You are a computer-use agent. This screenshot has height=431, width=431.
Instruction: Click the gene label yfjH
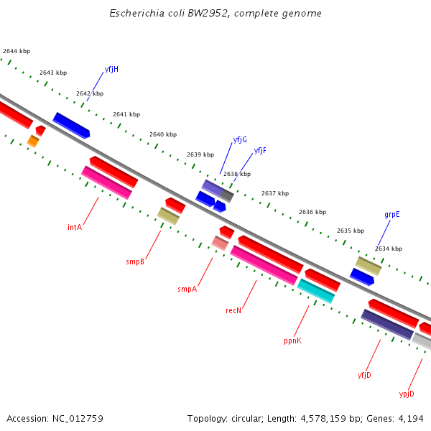pyautogui.click(x=111, y=70)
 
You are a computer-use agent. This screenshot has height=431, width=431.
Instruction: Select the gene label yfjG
pyautogui.click(x=240, y=139)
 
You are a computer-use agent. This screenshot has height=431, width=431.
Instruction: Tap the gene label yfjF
pyautogui.click(x=260, y=151)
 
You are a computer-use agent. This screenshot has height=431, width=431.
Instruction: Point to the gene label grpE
pyautogui.click(x=391, y=214)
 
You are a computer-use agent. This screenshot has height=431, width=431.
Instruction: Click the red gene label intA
pyautogui.click(x=75, y=227)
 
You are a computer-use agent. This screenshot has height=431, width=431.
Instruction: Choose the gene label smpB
pyautogui.click(x=135, y=262)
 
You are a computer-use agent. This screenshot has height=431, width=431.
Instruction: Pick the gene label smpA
pyautogui.click(x=187, y=289)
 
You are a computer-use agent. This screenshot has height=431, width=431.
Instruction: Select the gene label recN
pyautogui.click(x=233, y=311)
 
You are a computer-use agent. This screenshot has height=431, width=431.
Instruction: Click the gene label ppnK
pyautogui.click(x=292, y=341)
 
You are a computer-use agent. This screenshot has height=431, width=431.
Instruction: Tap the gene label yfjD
pyautogui.click(x=364, y=375)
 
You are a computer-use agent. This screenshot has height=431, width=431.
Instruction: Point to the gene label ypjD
pyautogui.click(x=407, y=394)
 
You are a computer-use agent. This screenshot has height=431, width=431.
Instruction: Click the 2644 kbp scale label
pyautogui.click(x=17, y=52)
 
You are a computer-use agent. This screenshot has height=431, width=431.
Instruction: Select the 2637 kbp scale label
pyautogui.click(x=274, y=193)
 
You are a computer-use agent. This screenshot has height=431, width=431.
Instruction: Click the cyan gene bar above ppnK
pyautogui.click(x=316, y=291)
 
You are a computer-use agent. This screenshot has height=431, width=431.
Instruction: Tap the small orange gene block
pyautogui.click(x=33, y=141)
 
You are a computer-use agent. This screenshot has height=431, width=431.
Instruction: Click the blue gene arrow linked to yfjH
pyautogui.click(x=71, y=125)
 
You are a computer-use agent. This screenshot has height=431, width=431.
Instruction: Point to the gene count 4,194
pyautogui.click(x=411, y=418)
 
